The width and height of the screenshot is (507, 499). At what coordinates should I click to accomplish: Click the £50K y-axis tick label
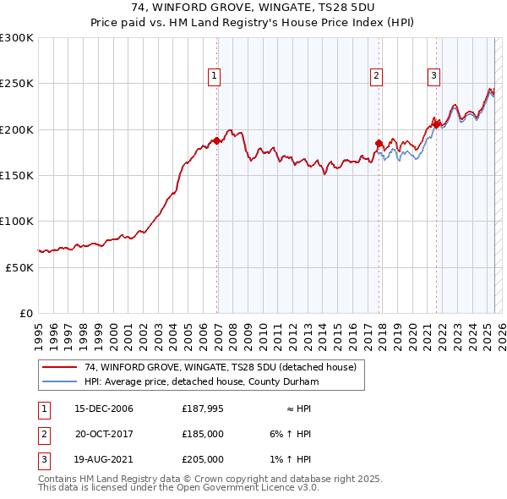point(20,267)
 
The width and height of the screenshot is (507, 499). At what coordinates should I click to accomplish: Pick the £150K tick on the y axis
point(17,175)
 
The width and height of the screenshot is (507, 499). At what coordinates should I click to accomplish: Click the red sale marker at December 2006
point(217,141)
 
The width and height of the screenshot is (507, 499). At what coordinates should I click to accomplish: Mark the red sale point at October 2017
point(379,143)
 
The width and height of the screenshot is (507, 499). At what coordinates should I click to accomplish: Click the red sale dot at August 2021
point(437,125)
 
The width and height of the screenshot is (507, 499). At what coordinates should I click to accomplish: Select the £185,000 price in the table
point(203,434)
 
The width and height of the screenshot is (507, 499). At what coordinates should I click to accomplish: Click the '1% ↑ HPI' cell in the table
point(293,459)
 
